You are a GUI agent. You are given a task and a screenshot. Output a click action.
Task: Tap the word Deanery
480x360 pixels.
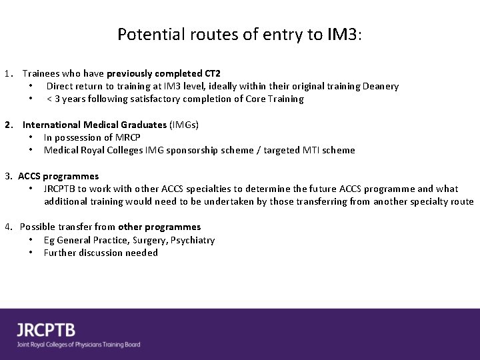(381, 86)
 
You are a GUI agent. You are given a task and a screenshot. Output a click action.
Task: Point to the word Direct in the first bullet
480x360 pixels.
(60, 86)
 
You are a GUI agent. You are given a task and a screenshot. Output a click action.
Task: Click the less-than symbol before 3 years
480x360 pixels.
(49, 99)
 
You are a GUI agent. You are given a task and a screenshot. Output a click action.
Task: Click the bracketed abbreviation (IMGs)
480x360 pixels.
(184, 125)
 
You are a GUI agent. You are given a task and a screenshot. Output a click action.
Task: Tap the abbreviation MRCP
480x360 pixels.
(126, 137)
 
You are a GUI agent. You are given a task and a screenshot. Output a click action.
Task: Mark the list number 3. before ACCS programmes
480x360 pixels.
(9, 176)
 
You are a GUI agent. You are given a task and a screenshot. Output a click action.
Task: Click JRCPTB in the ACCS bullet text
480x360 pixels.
(62, 189)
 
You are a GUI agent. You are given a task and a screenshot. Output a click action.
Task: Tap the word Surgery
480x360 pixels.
(143, 240)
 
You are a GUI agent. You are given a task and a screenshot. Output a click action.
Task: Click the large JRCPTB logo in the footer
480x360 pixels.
(46, 329)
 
